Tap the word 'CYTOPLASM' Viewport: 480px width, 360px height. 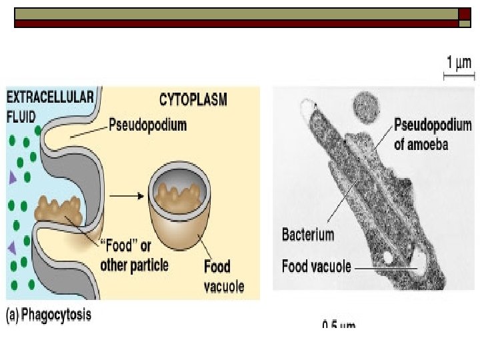(193, 100)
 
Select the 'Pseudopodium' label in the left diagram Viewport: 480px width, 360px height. (147, 125)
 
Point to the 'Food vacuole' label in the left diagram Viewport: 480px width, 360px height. (223, 277)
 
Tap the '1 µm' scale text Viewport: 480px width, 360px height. (458, 63)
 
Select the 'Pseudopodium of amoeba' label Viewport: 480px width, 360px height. (432, 133)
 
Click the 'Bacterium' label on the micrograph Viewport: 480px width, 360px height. (308, 234)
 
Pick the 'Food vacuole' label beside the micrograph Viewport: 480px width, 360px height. (316, 267)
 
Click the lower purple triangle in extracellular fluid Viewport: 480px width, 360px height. (11, 248)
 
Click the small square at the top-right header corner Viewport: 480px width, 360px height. (465, 23)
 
